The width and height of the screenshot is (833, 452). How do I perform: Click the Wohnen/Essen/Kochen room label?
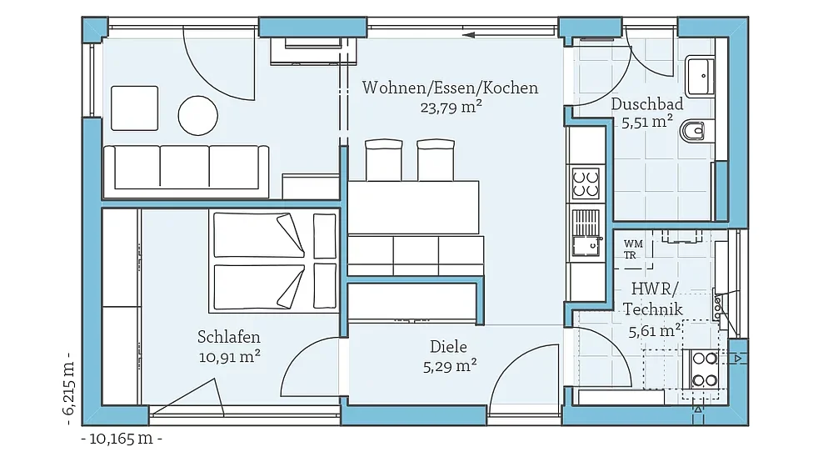tap(450, 88)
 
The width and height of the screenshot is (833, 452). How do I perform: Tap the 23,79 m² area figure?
tap(451, 108)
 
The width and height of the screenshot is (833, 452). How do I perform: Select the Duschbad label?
tap(647, 103)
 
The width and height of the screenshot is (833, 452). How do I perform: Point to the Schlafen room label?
tap(229, 337)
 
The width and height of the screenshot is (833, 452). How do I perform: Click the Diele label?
tap(449, 347)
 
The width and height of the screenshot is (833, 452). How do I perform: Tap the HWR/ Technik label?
tap(653, 299)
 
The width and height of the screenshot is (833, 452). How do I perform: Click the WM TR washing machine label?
tap(632, 249)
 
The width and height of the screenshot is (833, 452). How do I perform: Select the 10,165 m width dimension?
tap(122, 439)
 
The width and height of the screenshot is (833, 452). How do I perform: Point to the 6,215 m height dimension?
tap(68, 387)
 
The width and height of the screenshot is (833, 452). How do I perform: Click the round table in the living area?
tap(197, 115)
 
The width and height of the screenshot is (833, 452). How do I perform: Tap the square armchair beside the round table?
tap(134, 108)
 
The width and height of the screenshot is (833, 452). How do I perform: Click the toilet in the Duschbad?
tap(693, 130)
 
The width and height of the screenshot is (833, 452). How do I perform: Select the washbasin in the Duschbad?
tap(700, 76)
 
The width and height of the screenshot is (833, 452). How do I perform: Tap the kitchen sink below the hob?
tap(586, 234)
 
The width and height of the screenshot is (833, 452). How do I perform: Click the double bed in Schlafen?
tap(275, 261)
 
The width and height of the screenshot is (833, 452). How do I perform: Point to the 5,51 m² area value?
tap(647, 122)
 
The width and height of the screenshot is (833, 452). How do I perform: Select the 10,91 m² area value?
tap(230, 356)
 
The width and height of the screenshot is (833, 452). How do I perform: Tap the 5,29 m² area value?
tap(450, 366)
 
